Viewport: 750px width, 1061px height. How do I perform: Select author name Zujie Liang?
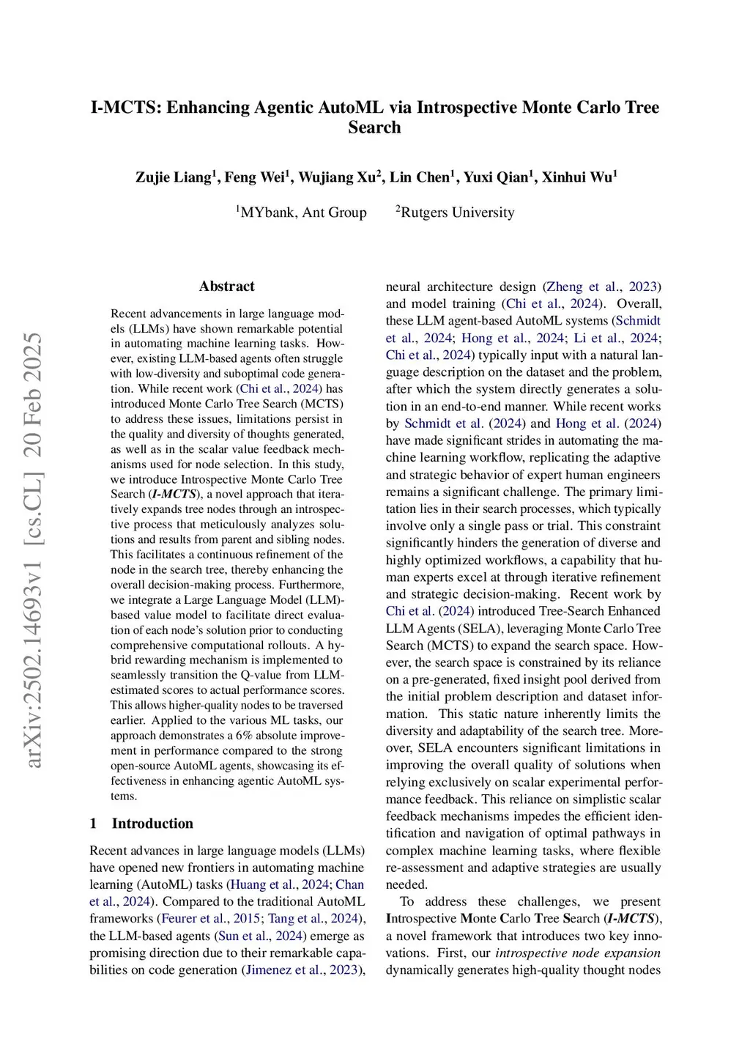(173, 177)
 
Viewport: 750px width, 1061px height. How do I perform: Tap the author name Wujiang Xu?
(337, 177)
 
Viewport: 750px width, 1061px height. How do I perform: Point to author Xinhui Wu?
(577, 177)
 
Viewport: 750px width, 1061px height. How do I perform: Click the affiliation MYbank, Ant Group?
(303, 212)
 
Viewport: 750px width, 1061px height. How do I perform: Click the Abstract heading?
(227, 286)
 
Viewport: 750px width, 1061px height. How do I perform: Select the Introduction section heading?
(152, 824)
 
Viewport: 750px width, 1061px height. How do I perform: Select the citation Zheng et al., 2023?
(602, 286)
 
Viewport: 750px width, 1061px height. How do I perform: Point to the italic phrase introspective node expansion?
(578, 953)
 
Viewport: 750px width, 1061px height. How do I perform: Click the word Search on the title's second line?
(374, 127)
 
